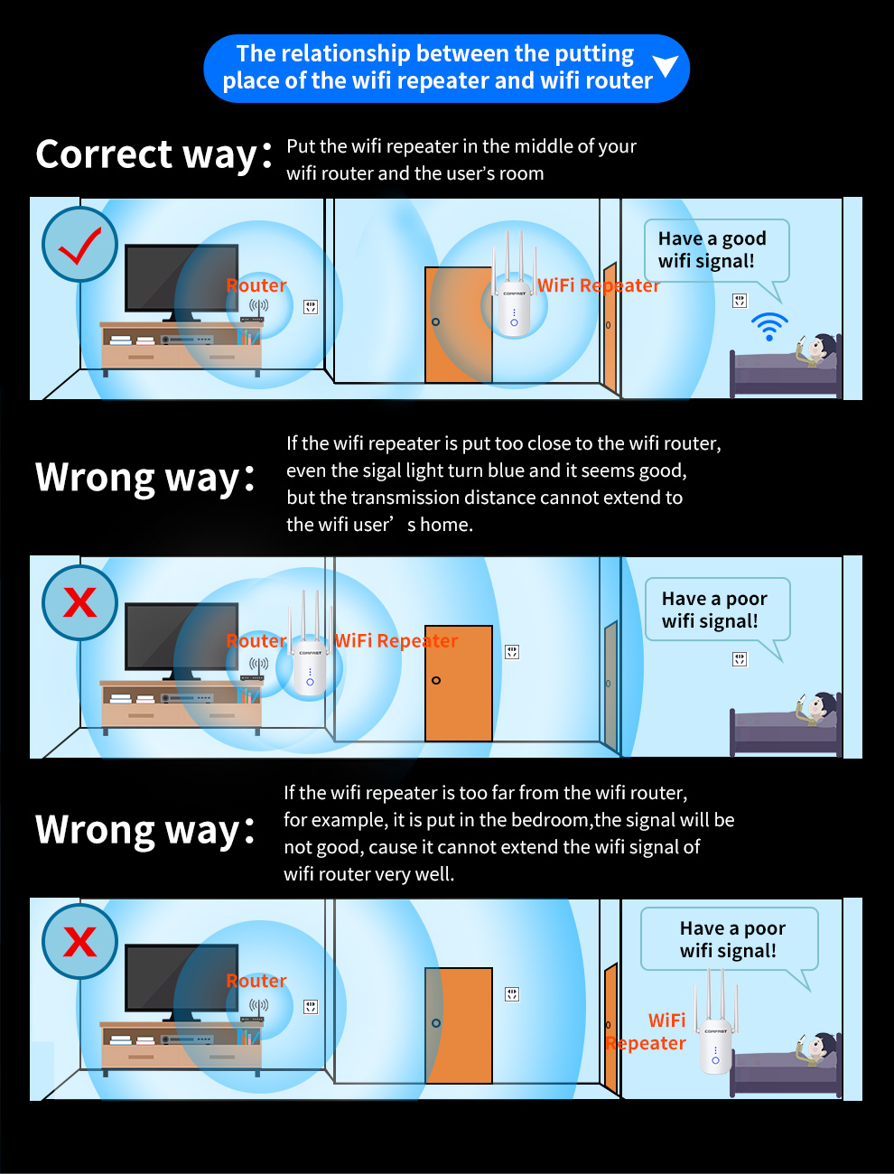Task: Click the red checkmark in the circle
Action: click(80, 246)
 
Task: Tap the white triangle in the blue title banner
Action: click(666, 66)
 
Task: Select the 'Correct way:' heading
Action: click(154, 155)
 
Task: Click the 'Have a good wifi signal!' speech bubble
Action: click(716, 250)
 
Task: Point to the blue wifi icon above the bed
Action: click(769, 327)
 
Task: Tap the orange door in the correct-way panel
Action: click(458, 324)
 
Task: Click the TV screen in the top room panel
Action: click(182, 278)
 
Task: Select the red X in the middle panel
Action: click(80, 602)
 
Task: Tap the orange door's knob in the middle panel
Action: click(436, 680)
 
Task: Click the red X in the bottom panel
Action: click(80, 942)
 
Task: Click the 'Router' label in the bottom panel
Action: click(256, 981)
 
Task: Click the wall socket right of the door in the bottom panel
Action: click(512, 994)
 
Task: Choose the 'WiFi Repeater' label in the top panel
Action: click(599, 285)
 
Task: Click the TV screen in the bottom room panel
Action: click(182, 978)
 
